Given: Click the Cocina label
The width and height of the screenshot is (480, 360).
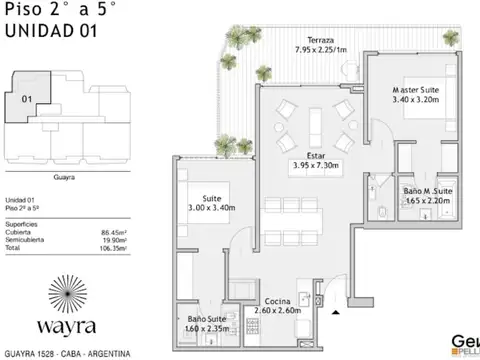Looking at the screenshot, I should coord(279,302).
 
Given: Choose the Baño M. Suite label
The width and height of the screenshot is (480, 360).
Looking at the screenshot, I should coord(429,190).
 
